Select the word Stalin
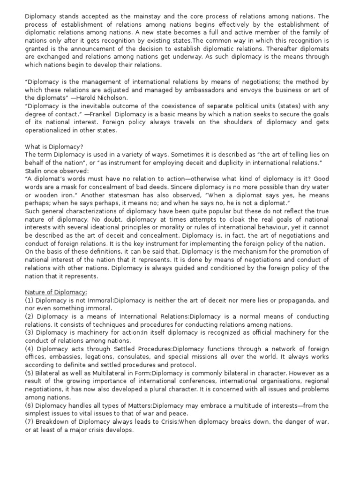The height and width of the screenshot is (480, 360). tap(34, 171)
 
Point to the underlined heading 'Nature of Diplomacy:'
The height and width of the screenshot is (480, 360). tap(56, 292)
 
